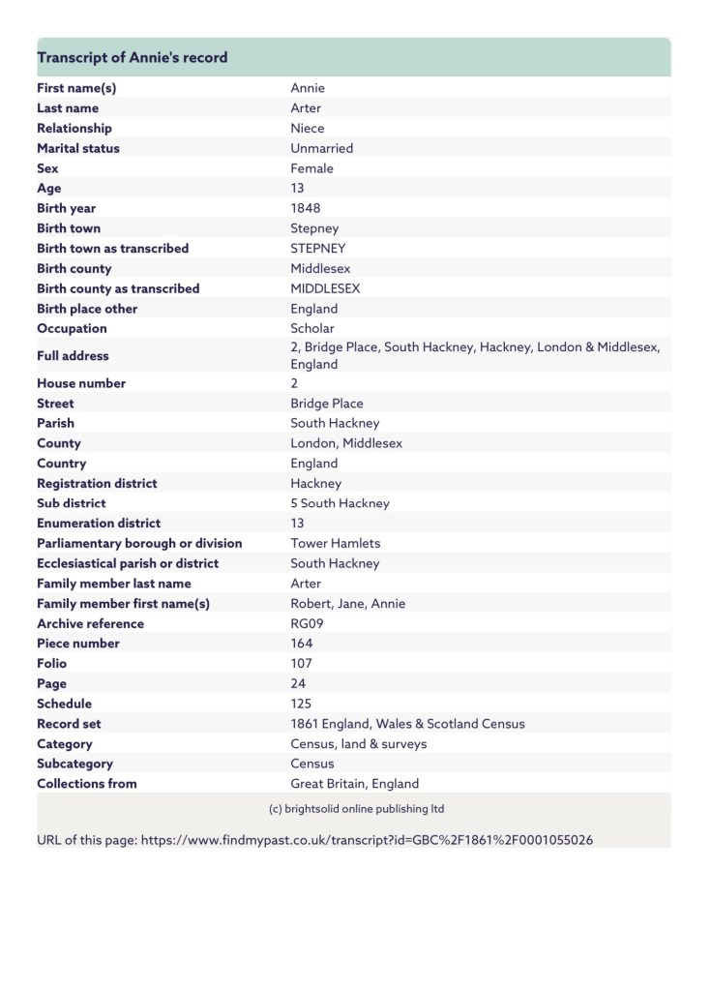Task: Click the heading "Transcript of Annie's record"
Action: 133,58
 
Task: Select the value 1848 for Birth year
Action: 306,208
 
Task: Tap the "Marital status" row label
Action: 78,148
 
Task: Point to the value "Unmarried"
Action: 322,148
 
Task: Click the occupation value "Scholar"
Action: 312,328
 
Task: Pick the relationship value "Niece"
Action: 308,128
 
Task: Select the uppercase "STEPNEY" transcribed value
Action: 318,249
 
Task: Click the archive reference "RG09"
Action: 308,623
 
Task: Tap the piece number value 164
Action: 301,644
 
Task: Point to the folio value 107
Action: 301,664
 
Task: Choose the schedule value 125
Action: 301,704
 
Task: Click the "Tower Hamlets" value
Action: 336,543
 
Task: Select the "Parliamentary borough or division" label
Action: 139,543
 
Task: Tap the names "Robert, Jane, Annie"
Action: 348,603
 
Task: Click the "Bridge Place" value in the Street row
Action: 327,403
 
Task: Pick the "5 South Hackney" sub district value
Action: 341,503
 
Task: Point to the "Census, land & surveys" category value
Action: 359,744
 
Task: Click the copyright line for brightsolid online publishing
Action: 356,808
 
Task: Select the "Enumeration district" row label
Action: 99,524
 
